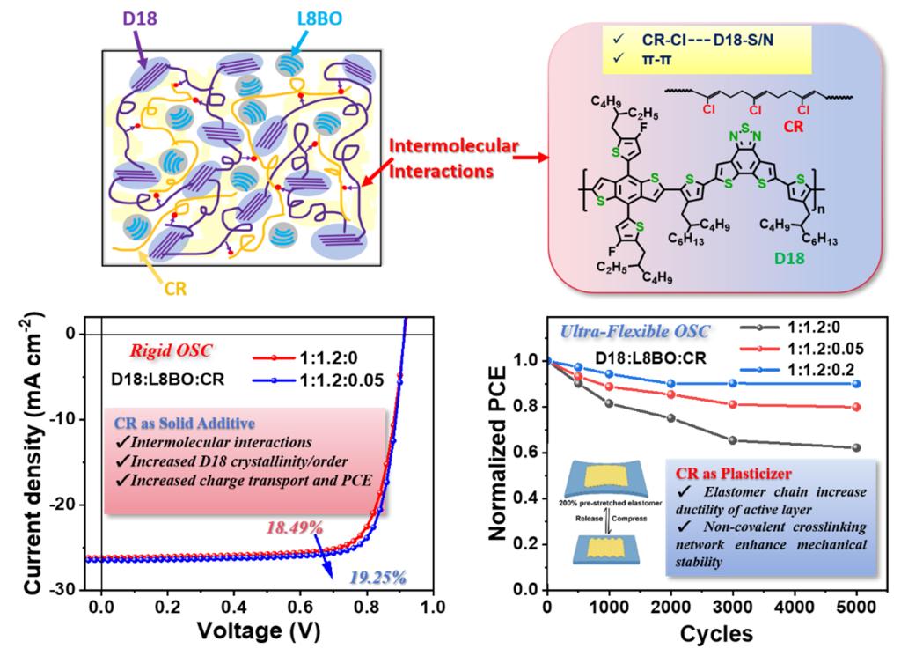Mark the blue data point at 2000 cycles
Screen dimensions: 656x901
click(x=670, y=383)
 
